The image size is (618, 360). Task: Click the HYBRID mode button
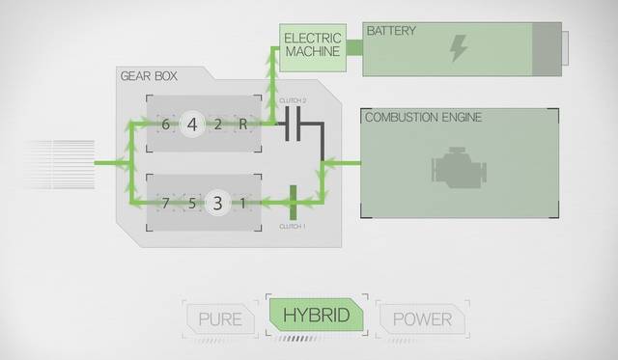[x=316, y=315]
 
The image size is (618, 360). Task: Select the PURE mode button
[x=220, y=319]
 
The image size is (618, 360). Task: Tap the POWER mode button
[x=422, y=319]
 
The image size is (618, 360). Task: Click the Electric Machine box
[x=313, y=47]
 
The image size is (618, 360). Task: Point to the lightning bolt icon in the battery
[x=459, y=47]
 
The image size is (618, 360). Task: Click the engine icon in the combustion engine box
[x=460, y=167]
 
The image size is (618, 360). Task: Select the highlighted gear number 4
[x=192, y=125]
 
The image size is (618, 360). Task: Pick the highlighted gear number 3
[x=217, y=204]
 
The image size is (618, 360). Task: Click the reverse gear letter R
[x=242, y=125]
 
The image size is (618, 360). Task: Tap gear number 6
[x=165, y=125]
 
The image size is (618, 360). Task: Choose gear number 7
[x=165, y=204]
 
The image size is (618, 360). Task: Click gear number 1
[x=242, y=204]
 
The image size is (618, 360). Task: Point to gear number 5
[x=192, y=204]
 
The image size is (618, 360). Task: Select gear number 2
[x=218, y=125]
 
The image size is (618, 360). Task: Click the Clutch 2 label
[x=293, y=100]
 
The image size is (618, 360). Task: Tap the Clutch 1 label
[x=293, y=227]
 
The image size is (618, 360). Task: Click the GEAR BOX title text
[x=149, y=76]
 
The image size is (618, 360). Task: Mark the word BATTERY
[x=391, y=31]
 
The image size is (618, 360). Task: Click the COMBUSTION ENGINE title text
[x=423, y=117]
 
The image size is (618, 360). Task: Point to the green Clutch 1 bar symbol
[x=294, y=203]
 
